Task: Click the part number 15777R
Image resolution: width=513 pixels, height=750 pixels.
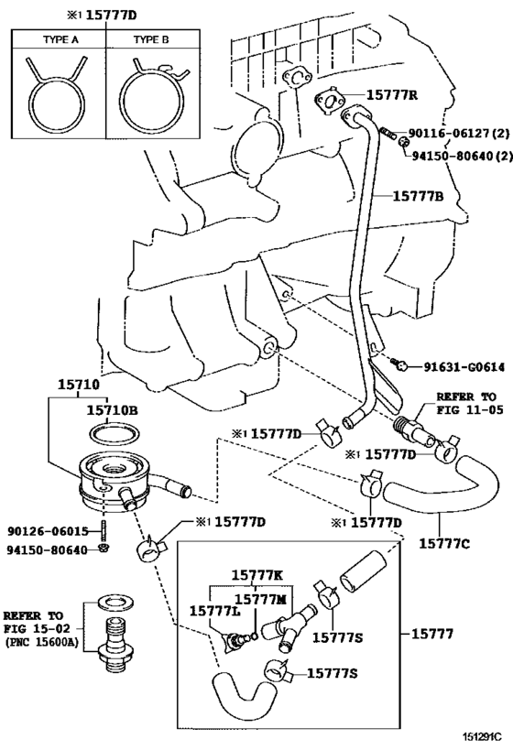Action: click(393, 94)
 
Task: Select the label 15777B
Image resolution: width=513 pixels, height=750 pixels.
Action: click(419, 195)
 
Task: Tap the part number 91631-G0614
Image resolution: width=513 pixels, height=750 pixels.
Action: click(464, 366)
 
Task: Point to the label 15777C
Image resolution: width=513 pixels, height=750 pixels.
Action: click(444, 544)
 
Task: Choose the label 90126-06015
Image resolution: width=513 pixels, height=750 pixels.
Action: click(47, 530)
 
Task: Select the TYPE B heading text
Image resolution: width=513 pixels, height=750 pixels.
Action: click(152, 41)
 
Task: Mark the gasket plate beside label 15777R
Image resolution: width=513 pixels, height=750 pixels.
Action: click(328, 103)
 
